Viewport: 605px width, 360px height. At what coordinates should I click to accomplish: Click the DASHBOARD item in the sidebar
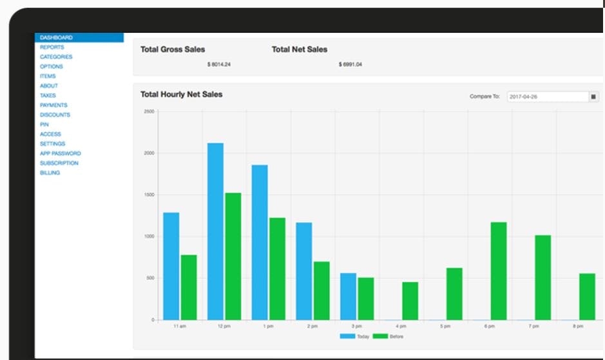click(x=57, y=37)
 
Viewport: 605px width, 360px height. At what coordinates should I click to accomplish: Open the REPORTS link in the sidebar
click(x=52, y=47)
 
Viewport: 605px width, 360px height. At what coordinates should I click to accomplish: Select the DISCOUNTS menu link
click(x=55, y=115)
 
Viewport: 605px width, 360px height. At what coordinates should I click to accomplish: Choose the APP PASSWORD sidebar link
click(x=60, y=153)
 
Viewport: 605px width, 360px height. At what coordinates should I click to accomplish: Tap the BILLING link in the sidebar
click(x=50, y=173)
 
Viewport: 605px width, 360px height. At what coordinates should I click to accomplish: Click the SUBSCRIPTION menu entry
click(x=59, y=163)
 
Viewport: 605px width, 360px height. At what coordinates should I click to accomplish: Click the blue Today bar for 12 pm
click(x=215, y=231)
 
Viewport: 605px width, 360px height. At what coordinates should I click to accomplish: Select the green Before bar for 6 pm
click(x=498, y=270)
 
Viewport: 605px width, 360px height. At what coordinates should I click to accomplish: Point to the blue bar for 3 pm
click(x=348, y=296)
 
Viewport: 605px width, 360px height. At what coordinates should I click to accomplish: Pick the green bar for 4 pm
click(x=410, y=301)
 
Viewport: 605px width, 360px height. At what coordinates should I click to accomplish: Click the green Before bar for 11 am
click(x=189, y=287)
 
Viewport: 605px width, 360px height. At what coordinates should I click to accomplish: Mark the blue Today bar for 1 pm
click(x=260, y=242)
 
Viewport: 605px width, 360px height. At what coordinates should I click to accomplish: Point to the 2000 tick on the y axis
click(x=149, y=153)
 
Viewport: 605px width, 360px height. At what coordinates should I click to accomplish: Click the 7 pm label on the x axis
click(x=533, y=327)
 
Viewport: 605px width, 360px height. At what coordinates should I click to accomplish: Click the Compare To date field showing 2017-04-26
click(x=548, y=97)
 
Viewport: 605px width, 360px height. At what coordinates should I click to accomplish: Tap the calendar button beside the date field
click(x=593, y=97)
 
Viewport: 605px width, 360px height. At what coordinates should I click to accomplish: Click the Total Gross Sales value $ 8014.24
click(x=219, y=64)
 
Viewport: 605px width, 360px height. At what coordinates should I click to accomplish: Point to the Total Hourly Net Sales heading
click(x=181, y=94)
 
